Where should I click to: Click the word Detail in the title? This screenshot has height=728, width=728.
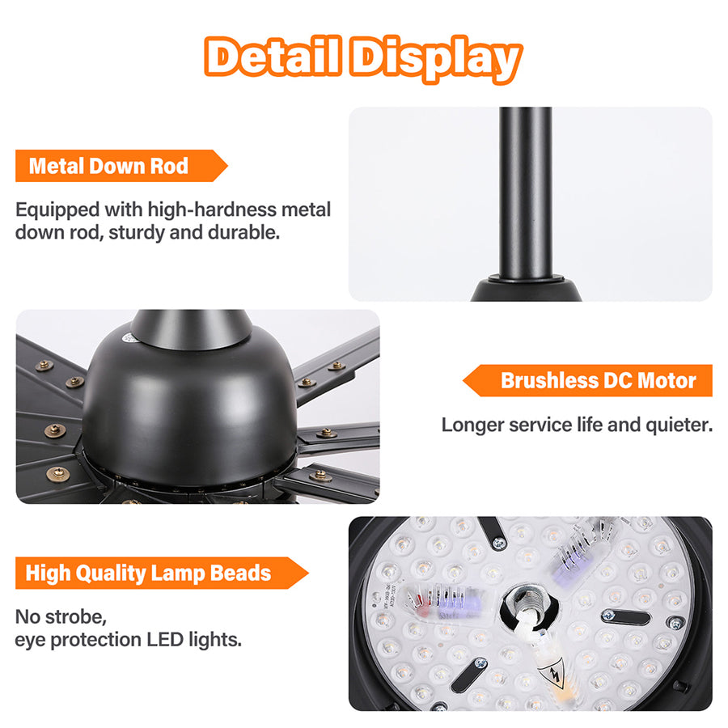click(x=273, y=56)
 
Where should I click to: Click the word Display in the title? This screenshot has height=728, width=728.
click(x=436, y=58)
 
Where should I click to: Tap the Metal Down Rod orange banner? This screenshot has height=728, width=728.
click(x=121, y=166)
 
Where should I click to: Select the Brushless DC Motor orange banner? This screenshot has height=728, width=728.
click(x=587, y=380)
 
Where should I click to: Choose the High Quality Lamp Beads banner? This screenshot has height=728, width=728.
click(x=162, y=573)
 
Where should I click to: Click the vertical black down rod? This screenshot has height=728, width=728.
click(x=526, y=193)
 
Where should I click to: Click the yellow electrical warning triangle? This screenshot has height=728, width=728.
click(x=552, y=674)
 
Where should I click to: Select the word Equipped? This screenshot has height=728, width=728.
click(x=57, y=210)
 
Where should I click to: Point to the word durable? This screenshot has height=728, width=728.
click(x=243, y=233)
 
